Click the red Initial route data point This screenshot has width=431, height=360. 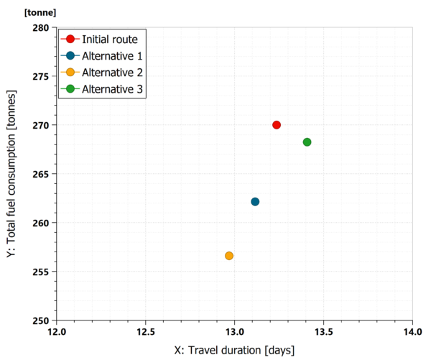click(277, 125)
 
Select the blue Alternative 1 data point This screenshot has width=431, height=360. click(255, 202)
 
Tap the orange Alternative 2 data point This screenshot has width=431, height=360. click(229, 256)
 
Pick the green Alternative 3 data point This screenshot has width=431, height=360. click(307, 142)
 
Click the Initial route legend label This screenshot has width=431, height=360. click(109, 39)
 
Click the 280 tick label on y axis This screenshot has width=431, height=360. click(40, 27)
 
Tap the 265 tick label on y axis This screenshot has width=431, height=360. click(40, 174)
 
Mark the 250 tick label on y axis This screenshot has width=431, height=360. click(40, 320)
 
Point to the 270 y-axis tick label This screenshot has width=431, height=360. click(40, 125)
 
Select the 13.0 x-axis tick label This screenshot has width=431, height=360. click(234, 333)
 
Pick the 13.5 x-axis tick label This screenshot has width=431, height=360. click(323, 333)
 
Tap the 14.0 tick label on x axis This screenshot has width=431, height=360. click(412, 333)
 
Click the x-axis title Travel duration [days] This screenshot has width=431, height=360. click(234, 351)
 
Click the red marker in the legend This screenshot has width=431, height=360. click(70, 39)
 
